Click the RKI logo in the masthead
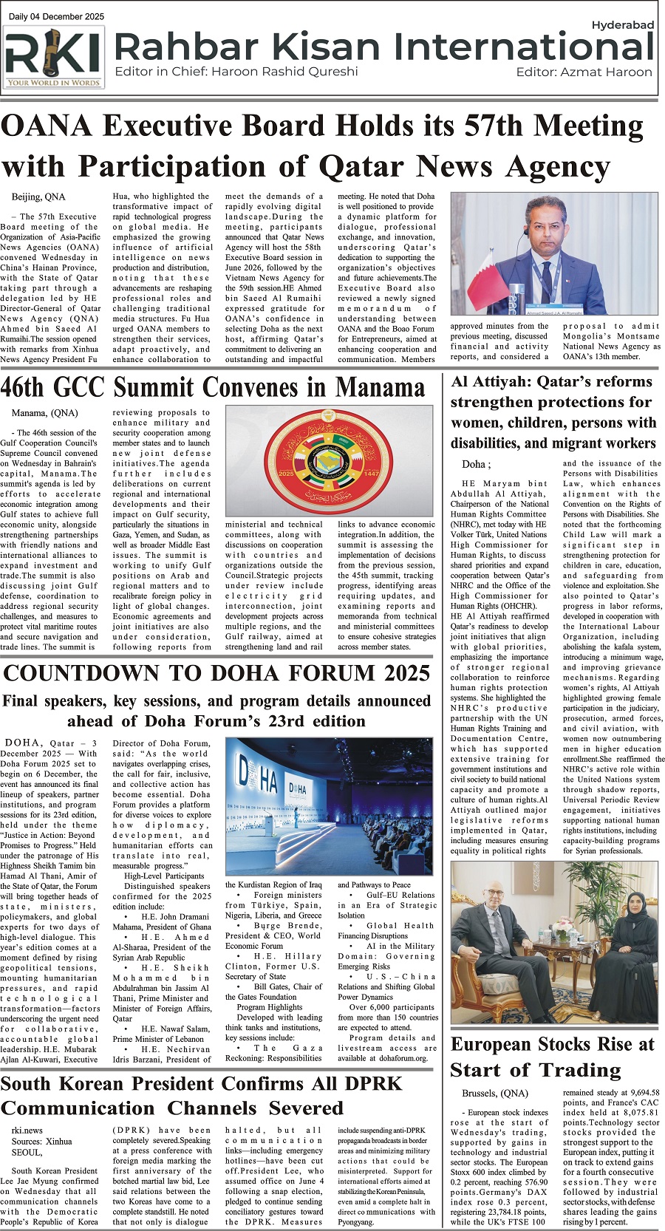coord(53,57)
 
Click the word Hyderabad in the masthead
coord(623,25)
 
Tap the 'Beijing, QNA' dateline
coord(38,197)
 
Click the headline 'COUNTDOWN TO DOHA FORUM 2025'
coord(217,673)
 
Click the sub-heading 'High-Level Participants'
coord(164,876)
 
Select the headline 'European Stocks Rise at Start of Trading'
coord(553,1057)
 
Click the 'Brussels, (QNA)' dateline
coord(495,1094)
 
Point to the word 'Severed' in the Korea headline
coord(306,1108)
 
